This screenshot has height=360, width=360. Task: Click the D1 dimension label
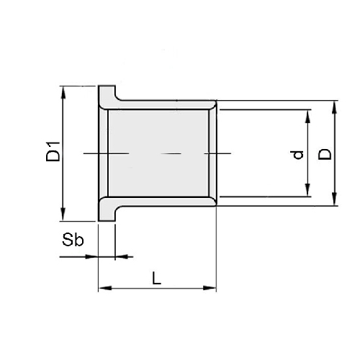click(53, 152)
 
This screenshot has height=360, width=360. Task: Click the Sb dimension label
click(73, 240)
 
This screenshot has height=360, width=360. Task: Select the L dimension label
click(157, 278)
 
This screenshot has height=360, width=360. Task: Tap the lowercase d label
click(299, 155)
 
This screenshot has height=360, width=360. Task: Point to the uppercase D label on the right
click(325, 154)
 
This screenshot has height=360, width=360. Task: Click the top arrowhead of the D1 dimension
click(63, 92)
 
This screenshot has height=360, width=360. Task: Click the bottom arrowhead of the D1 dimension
click(63, 215)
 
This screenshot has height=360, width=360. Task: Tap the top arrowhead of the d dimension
click(308, 116)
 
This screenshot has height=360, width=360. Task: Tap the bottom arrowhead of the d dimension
click(308, 190)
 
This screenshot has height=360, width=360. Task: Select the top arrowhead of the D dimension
click(335, 107)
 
